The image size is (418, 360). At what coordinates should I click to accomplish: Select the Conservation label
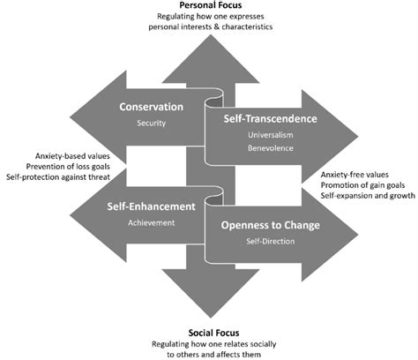tap(151, 108)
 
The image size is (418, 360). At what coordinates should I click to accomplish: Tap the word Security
tap(151, 124)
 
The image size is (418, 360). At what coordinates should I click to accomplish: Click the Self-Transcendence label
tap(270, 118)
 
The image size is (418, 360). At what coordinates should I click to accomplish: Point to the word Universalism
tap(270, 135)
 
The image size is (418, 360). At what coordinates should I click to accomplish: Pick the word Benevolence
tap(270, 149)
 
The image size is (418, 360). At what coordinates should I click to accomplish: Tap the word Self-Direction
tap(270, 241)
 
